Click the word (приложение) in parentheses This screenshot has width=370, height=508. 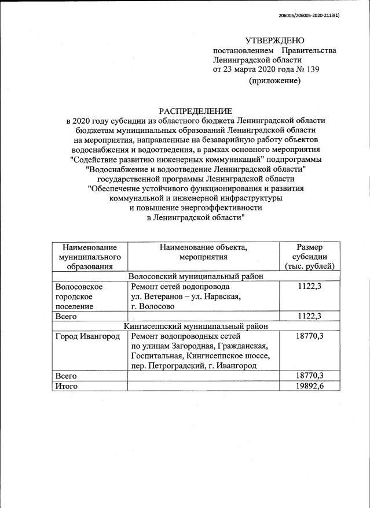pos(274,81)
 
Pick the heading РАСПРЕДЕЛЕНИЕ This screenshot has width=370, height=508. pos(196,110)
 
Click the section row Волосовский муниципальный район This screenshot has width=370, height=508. pos(196,276)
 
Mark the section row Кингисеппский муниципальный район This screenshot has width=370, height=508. pos(196,326)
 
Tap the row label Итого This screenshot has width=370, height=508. pos(65,386)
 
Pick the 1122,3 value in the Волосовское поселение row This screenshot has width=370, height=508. pos(309,287)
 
